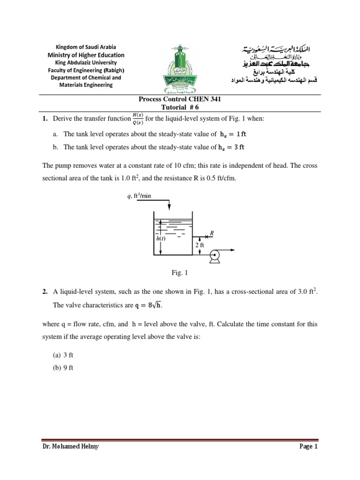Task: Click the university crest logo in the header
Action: pos(180,69)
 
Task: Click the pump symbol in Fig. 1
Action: pos(215,255)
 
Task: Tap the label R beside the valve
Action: pos(212,232)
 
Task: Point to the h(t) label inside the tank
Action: pos(161,239)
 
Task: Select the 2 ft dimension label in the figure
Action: pos(199,245)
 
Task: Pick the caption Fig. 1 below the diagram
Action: pos(180,272)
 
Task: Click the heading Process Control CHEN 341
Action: pos(180,99)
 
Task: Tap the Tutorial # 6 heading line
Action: pos(180,107)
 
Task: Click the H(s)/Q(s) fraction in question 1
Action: pos(138,119)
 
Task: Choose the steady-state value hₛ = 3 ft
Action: pos(231,147)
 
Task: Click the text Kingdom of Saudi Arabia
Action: pos(86,47)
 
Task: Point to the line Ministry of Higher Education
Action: pos(86,55)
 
